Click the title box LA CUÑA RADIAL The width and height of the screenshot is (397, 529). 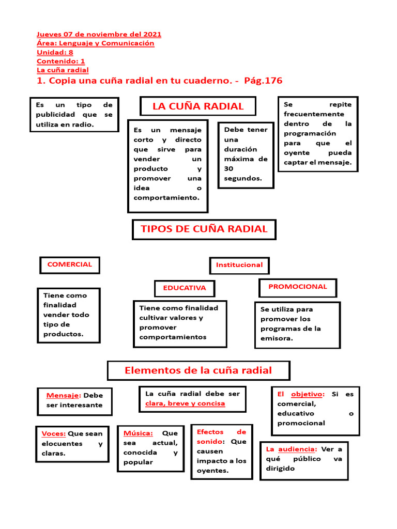coord(198,106)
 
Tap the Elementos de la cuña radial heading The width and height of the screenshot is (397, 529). coord(198,370)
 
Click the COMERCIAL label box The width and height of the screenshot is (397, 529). coord(69,264)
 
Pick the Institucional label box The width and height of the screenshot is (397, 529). coord(239,265)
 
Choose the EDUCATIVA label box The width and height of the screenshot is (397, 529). coord(185,288)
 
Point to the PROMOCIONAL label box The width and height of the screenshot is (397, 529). coord(297,287)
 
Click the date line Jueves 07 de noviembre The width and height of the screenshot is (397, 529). coord(99,35)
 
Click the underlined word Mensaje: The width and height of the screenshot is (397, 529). coord(64,396)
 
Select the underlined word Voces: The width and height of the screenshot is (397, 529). coord(53,434)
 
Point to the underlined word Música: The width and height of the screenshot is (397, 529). coord(138,433)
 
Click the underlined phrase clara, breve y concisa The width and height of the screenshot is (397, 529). coord(185,403)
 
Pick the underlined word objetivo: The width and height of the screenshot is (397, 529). coord(308,394)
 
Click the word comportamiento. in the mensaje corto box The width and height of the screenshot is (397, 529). coord(166,198)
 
